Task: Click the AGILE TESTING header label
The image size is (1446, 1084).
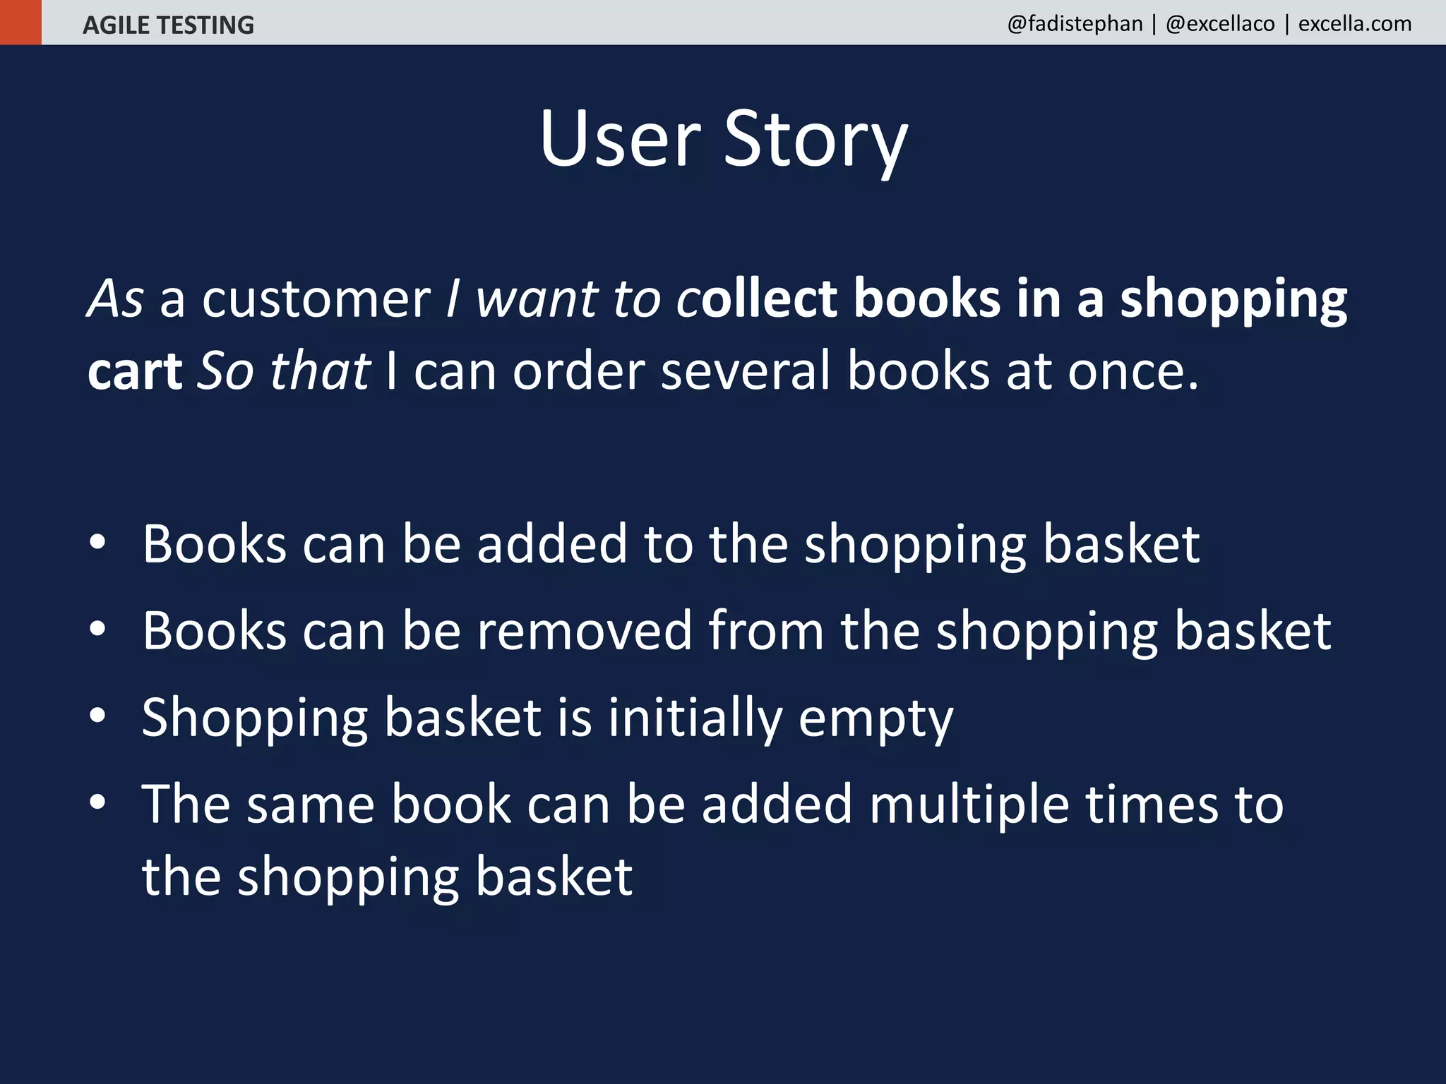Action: [168, 25]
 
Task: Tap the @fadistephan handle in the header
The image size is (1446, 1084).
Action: [1075, 24]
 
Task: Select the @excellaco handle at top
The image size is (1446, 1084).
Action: [1220, 24]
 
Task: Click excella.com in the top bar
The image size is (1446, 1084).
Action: [1355, 24]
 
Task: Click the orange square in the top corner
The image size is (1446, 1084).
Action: [20, 22]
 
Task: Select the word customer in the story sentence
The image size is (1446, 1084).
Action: [316, 299]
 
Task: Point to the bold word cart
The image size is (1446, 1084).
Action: [135, 372]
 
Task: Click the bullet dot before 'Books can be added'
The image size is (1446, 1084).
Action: [97, 542]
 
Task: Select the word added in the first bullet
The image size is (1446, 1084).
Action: [551, 544]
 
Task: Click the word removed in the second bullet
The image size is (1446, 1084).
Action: [585, 631]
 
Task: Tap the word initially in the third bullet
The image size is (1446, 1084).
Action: [695, 718]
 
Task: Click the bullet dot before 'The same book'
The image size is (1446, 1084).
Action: [97, 802]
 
